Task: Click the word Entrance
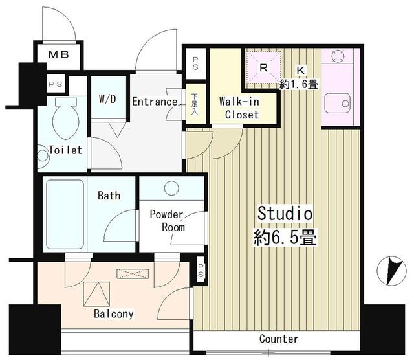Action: coord(155,102)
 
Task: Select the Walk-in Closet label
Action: coord(239,108)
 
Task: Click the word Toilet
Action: coord(65,150)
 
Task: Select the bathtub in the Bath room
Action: coord(65,214)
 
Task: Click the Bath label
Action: coord(108,195)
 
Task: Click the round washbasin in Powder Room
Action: coord(171,188)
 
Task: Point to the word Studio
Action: coord(285,213)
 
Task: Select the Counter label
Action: coord(279,339)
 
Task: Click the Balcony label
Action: coord(113,314)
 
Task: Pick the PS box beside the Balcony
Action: coord(201,271)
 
